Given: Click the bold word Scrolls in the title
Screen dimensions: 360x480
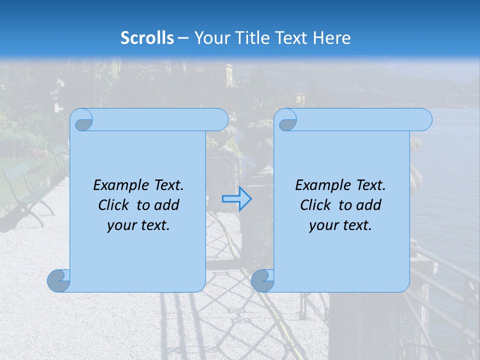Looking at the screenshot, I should pos(147,38).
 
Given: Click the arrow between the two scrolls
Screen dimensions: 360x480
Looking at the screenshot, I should pos(236,199).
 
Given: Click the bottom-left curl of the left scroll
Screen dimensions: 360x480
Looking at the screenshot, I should pos(58,280).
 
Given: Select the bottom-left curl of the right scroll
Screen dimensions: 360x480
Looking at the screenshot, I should pos(262,280).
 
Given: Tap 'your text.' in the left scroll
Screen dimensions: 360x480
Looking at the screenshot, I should pos(138,225).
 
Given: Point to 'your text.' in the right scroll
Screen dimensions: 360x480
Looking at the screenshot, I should pos(340,225).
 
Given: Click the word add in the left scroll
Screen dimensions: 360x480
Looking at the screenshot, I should pos(166,205).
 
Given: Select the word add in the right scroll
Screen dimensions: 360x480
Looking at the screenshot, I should pos(368,205).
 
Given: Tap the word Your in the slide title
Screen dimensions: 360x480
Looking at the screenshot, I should pos(211,38).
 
